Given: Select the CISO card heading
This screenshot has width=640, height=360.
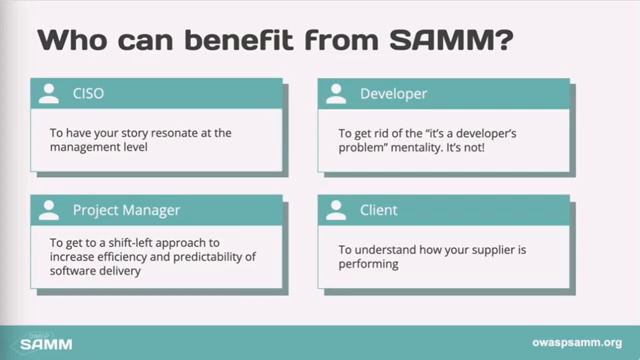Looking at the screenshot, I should [x=88, y=95].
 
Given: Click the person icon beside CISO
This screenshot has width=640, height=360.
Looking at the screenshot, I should [x=48, y=95].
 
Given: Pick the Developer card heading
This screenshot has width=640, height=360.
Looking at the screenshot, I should [x=393, y=95].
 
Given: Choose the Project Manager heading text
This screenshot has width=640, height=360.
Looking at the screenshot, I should [x=126, y=210].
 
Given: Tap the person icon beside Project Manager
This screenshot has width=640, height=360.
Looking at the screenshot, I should [x=48, y=210].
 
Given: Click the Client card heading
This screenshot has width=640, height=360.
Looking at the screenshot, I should [x=378, y=210].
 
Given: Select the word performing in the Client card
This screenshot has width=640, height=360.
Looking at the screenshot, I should [x=369, y=264].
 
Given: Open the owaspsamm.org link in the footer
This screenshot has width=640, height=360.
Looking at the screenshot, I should [x=572, y=342].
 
